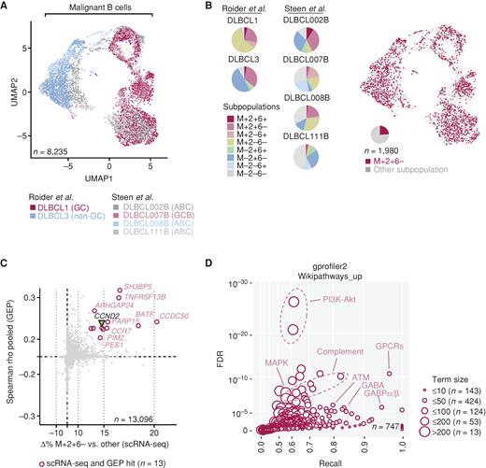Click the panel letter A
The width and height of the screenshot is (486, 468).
pyautogui.click(x=7, y=7)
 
